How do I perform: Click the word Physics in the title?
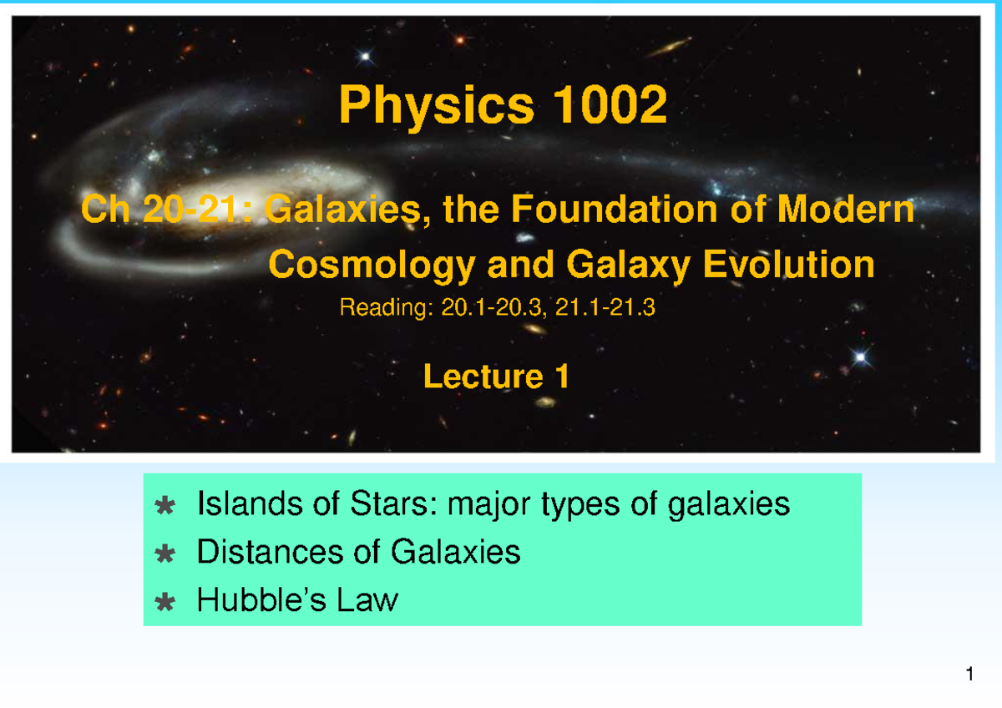pos(436,107)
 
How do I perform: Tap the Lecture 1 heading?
pos(496,377)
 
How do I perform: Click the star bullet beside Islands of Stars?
pos(165,505)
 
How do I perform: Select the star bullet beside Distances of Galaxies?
pos(165,554)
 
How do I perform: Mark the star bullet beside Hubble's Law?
pos(165,601)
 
